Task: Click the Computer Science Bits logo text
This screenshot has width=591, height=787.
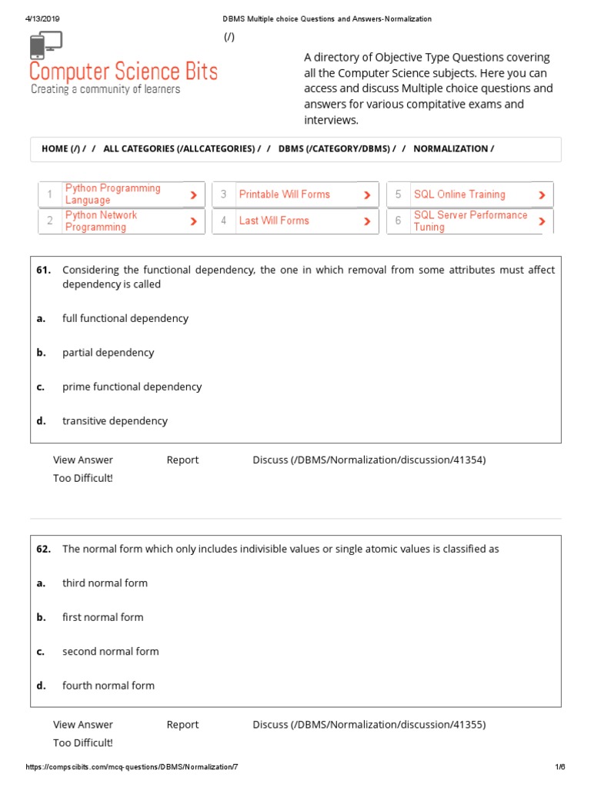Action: click(123, 72)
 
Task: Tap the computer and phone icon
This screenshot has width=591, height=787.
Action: click(46, 45)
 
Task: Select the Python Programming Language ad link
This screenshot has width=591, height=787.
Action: click(113, 194)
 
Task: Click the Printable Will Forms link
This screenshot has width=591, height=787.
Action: click(284, 194)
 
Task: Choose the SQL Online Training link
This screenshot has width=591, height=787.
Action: click(459, 194)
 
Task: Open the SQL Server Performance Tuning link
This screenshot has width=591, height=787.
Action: click(470, 221)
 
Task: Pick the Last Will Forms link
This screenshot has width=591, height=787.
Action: click(274, 221)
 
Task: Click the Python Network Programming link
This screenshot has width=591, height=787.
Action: click(101, 221)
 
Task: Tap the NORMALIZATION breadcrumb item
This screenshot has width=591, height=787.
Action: click(453, 149)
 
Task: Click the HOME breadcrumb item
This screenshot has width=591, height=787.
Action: click(55, 149)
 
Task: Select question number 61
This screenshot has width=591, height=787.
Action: click(44, 270)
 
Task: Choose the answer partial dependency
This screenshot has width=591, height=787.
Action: click(108, 353)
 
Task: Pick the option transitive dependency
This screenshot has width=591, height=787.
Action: click(115, 421)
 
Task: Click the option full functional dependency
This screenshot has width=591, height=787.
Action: click(125, 318)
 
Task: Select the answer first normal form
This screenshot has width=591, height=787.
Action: click(102, 617)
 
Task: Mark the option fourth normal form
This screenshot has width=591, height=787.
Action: click(109, 686)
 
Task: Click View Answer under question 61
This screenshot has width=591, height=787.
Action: click(83, 460)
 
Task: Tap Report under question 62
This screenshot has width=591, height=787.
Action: click(182, 725)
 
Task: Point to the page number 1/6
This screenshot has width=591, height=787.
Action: click(560, 767)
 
